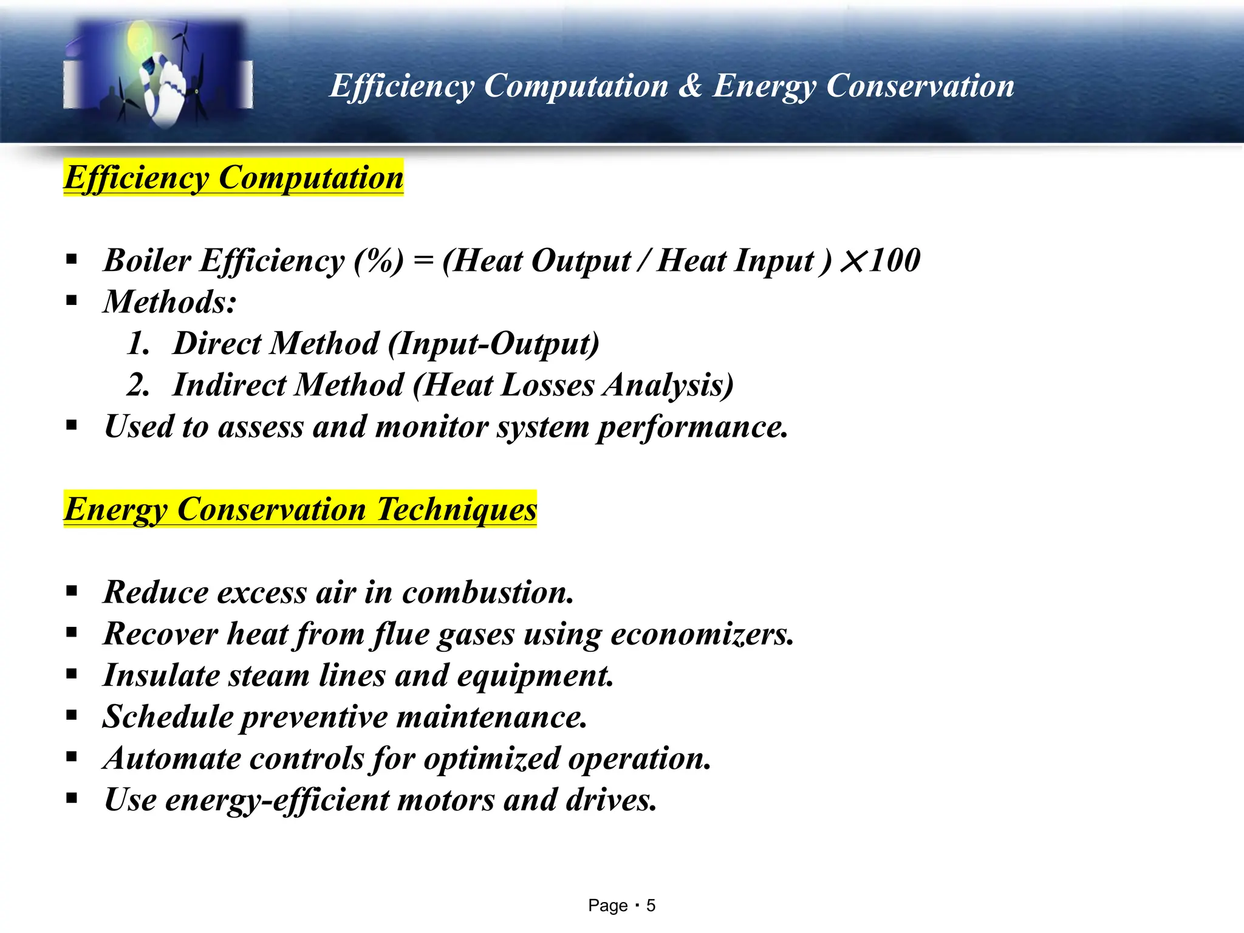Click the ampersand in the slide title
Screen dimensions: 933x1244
click(689, 86)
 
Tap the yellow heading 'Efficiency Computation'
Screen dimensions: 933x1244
click(234, 177)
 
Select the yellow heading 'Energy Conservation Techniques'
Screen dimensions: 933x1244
click(301, 509)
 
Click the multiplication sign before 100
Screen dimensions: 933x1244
click(853, 262)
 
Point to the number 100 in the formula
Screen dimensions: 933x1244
click(895, 260)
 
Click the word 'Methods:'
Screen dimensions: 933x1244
click(170, 302)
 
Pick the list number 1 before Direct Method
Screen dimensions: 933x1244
click(138, 344)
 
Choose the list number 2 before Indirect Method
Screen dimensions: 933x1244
click(138, 385)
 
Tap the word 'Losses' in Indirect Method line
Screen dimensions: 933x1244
click(548, 385)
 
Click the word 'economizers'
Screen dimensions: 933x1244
click(702, 634)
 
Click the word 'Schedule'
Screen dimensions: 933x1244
click(168, 717)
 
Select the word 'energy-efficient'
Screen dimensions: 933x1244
click(276, 800)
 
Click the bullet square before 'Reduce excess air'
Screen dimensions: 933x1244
click(72, 591)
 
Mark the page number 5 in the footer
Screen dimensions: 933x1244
click(651, 906)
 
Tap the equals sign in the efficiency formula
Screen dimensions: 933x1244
click(423, 261)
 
